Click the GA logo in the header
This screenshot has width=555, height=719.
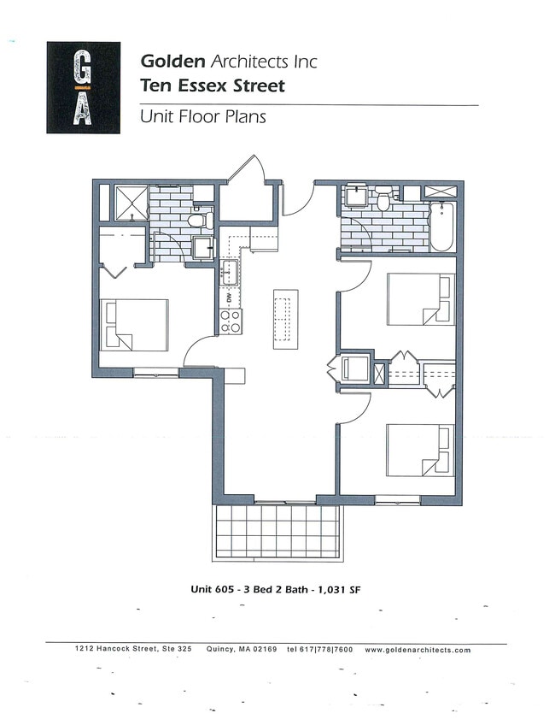click(x=83, y=88)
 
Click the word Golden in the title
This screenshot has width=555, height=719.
click(x=172, y=62)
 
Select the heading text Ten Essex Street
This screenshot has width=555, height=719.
click(x=212, y=85)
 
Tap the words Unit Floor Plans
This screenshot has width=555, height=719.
click(x=202, y=117)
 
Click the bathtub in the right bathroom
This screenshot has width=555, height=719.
click(x=441, y=227)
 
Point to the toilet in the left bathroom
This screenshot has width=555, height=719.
click(x=199, y=220)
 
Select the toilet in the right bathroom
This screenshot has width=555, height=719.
click(x=383, y=201)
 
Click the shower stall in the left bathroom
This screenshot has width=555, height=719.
click(x=131, y=202)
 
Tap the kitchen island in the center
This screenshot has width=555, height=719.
click(x=286, y=318)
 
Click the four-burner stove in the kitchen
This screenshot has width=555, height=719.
click(x=231, y=321)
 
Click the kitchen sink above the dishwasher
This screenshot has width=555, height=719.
click(x=230, y=274)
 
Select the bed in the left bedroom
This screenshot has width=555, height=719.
click(x=135, y=324)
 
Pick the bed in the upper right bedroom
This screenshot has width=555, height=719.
click(x=421, y=299)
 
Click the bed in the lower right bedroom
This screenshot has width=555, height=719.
click(x=421, y=450)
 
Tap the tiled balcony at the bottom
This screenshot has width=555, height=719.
click(x=277, y=532)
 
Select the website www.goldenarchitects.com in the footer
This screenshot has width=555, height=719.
click(x=418, y=650)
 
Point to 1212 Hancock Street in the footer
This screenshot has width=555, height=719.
click(x=116, y=650)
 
